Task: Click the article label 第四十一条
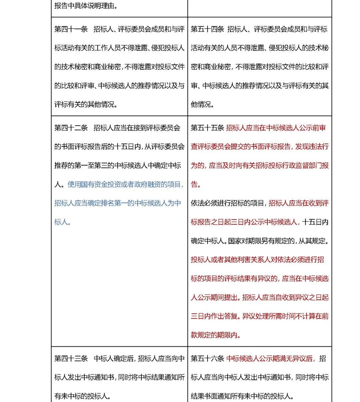[x=71, y=29]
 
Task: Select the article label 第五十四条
[x=207, y=29]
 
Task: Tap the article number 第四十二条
[x=71, y=128]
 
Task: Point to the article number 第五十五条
[x=207, y=128]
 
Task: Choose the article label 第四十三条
[x=71, y=359]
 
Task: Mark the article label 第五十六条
[x=207, y=359]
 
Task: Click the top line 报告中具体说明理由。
[x=86, y=6]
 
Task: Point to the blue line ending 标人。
[x=63, y=222]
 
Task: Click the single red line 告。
[x=196, y=185]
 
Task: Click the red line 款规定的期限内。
[x=216, y=335]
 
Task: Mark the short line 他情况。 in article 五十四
[x=202, y=105]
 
